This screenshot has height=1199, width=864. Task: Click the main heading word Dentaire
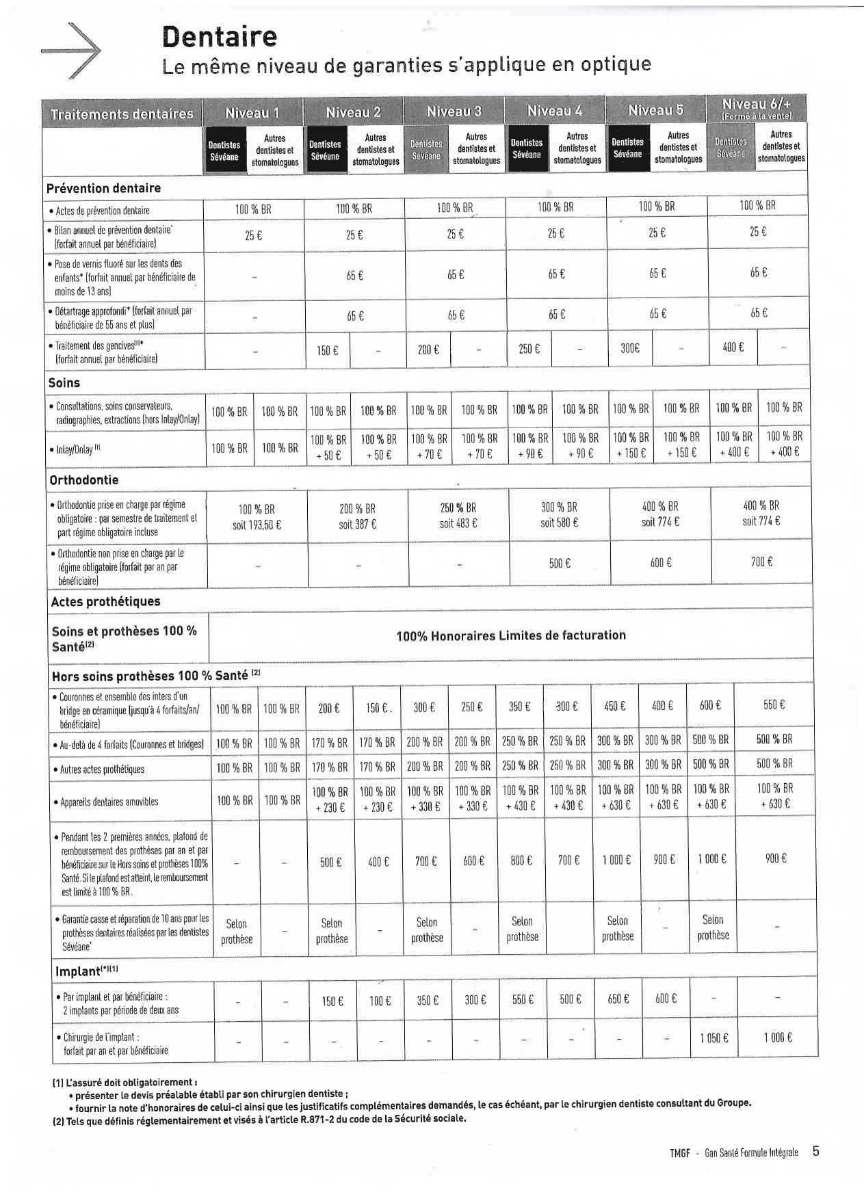(220, 36)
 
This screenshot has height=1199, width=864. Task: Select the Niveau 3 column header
(454, 111)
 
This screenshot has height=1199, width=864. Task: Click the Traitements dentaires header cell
(122, 114)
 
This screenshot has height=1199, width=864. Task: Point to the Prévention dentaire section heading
(103, 188)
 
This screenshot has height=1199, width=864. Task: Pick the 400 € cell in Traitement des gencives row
(732, 347)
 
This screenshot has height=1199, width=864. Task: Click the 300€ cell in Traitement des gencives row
(630, 348)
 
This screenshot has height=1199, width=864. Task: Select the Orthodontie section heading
(83, 480)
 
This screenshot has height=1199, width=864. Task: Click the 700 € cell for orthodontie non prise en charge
(761, 562)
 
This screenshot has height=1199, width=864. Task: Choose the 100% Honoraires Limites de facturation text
(510, 635)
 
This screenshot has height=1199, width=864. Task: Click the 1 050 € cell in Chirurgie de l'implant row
(714, 1038)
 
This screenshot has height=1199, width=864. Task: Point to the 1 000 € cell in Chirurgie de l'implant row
(778, 1038)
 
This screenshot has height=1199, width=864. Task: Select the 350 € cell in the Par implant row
(428, 1000)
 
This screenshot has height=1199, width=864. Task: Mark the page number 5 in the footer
(815, 1151)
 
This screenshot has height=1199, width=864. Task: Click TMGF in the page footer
(679, 1153)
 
